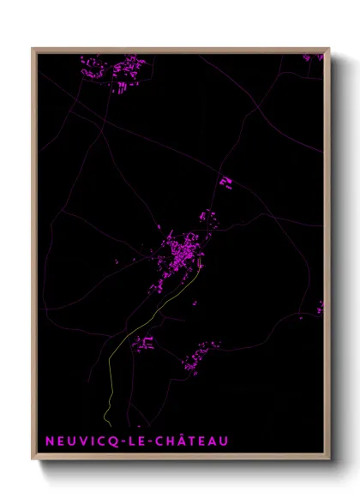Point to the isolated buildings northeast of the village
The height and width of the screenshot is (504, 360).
click(x=225, y=182)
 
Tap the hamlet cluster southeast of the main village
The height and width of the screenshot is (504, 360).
click(x=199, y=356)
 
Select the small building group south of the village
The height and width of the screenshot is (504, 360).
click(x=143, y=344)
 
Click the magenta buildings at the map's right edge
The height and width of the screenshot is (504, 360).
click(x=321, y=306)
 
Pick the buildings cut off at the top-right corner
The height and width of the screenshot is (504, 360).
click(x=313, y=57)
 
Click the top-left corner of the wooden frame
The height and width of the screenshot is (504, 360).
click(x=33, y=49)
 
